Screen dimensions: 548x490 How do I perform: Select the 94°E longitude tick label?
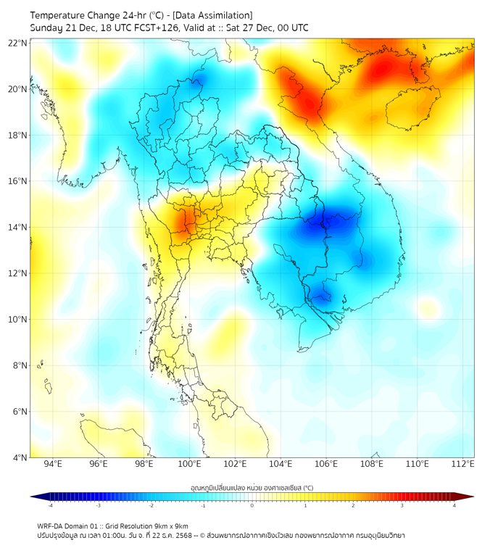click(x=53, y=464)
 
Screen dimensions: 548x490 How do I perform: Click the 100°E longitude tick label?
click(x=189, y=464)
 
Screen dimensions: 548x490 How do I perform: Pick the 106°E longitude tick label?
click(x=326, y=464)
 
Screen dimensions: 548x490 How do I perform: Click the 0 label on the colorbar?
click(x=252, y=505)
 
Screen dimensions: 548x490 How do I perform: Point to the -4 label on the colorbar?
click(x=50, y=505)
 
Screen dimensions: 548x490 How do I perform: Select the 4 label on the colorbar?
click(x=454, y=505)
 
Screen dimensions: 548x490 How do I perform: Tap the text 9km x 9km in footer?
click(x=172, y=526)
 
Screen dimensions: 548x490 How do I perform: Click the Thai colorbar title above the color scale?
click(x=252, y=487)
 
